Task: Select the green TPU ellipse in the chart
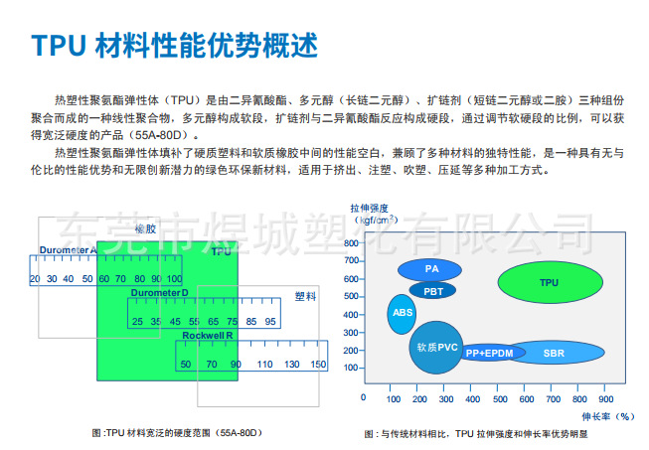[549, 283]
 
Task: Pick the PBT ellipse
[432, 291]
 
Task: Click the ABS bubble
[403, 313]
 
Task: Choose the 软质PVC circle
[437, 347]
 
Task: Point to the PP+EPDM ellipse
[490, 353]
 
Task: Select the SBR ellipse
[554, 353]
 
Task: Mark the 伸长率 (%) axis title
[610, 417]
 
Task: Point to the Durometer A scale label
[68, 249]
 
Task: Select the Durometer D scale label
[159, 293]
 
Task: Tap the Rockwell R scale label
[206, 336]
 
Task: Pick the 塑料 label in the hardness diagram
[305, 296]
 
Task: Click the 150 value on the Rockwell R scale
[317, 365]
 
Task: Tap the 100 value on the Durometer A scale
[174, 278]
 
